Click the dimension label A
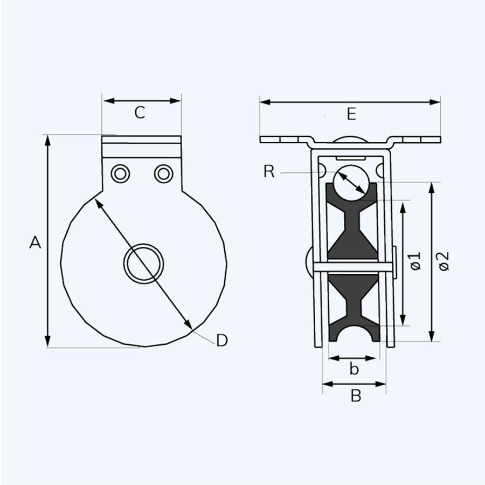tap(35, 243)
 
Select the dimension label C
tap(140, 113)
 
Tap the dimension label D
tap(222, 341)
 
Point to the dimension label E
tap(351, 114)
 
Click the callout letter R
tap(269, 172)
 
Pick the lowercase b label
tap(354, 369)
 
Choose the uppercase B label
tap(356, 396)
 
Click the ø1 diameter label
tap(415, 261)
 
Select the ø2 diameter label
tap(444, 261)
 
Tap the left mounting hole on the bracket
tap(120, 174)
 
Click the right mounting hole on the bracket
tap(163, 174)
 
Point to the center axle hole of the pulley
tap(143, 263)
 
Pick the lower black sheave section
tap(353, 307)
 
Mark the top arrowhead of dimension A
tap(47, 139)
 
